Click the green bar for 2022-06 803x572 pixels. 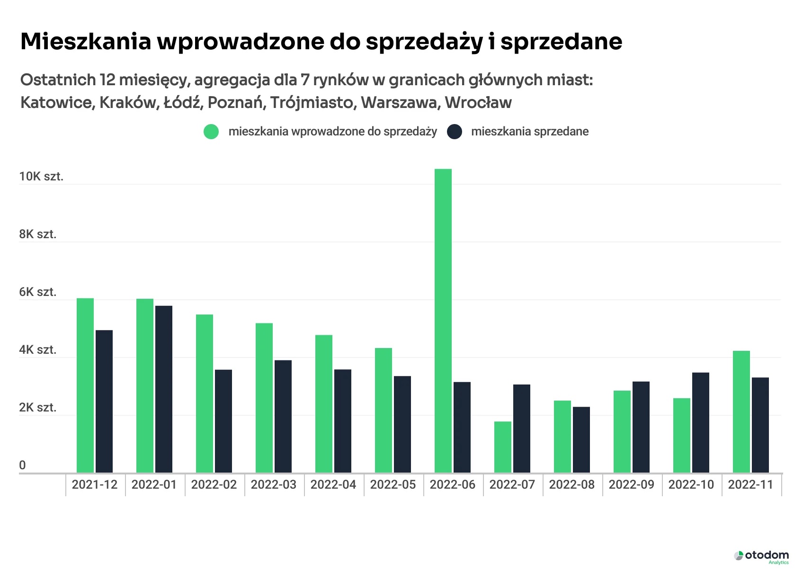(x=443, y=321)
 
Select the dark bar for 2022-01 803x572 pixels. (x=164, y=389)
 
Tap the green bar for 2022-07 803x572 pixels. (x=503, y=447)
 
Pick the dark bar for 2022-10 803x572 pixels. (x=701, y=422)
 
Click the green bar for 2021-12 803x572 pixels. (x=85, y=385)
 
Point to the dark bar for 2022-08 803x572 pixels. (x=581, y=439)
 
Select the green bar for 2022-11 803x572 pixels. (x=741, y=411)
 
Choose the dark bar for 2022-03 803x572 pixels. (x=283, y=416)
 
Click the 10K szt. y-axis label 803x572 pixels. (x=41, y=177)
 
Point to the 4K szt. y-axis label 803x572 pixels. (x=38, y=350)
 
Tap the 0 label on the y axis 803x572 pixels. (x=22, y=465)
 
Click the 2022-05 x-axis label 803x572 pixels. (x=393, y=485)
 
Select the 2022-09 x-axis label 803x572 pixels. (x=632, y=485)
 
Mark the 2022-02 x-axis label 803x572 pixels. (x=214, y=485)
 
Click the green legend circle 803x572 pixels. (x=211, y=132)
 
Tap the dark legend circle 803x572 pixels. (x=455, y=132)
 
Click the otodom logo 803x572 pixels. (x=761, y=556)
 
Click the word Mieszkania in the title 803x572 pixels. (x=85, y=42)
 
